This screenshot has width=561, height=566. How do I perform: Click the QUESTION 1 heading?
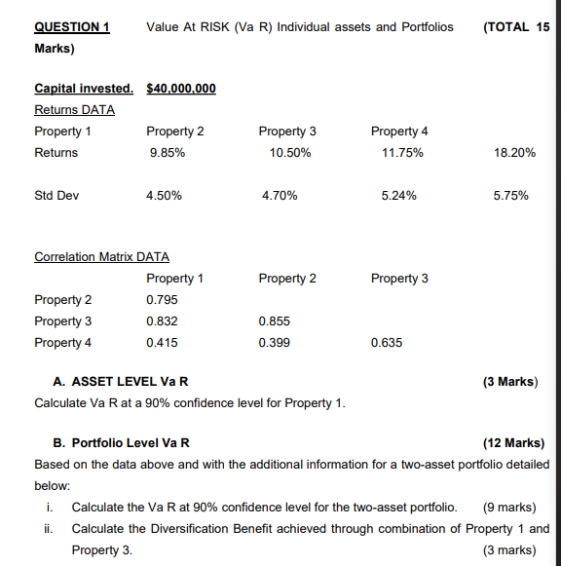pyautogui.click(x=71, y=26)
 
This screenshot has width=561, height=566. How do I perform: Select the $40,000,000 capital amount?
pyautogui.click(x=180, y=89)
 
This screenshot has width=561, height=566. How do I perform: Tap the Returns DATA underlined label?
pyautogui.click(x=74, y=109)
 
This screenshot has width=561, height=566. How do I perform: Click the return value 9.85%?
pyautogui.click(x=165, y=153)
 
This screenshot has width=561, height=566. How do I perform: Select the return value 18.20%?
pyautogui.click(x=514, y=153)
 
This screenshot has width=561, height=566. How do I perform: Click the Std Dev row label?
pyautogui.click(x=56, y=196)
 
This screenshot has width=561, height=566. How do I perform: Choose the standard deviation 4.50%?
pyautogui.click(x=165, y=196)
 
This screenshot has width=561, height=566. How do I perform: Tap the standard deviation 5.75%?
pyautogui.click(x=511, y=196)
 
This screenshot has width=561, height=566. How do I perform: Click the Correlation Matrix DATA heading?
pyautogui.click(x=101, y=257)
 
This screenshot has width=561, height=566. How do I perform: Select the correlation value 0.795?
pyautogui.click(x=162, y=300)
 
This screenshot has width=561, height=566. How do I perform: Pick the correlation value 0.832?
pyautogui.click(x=162, y=321)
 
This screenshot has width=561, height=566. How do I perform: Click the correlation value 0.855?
pyautogui.click(x=275, y=321)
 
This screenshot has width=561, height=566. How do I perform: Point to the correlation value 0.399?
pyautogui.click(x=275, y=343)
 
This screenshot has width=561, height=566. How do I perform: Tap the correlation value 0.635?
pyautogui.click(x=387, y=343)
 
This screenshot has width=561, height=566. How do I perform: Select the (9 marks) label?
pyautogui.click(x=509, y=507)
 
